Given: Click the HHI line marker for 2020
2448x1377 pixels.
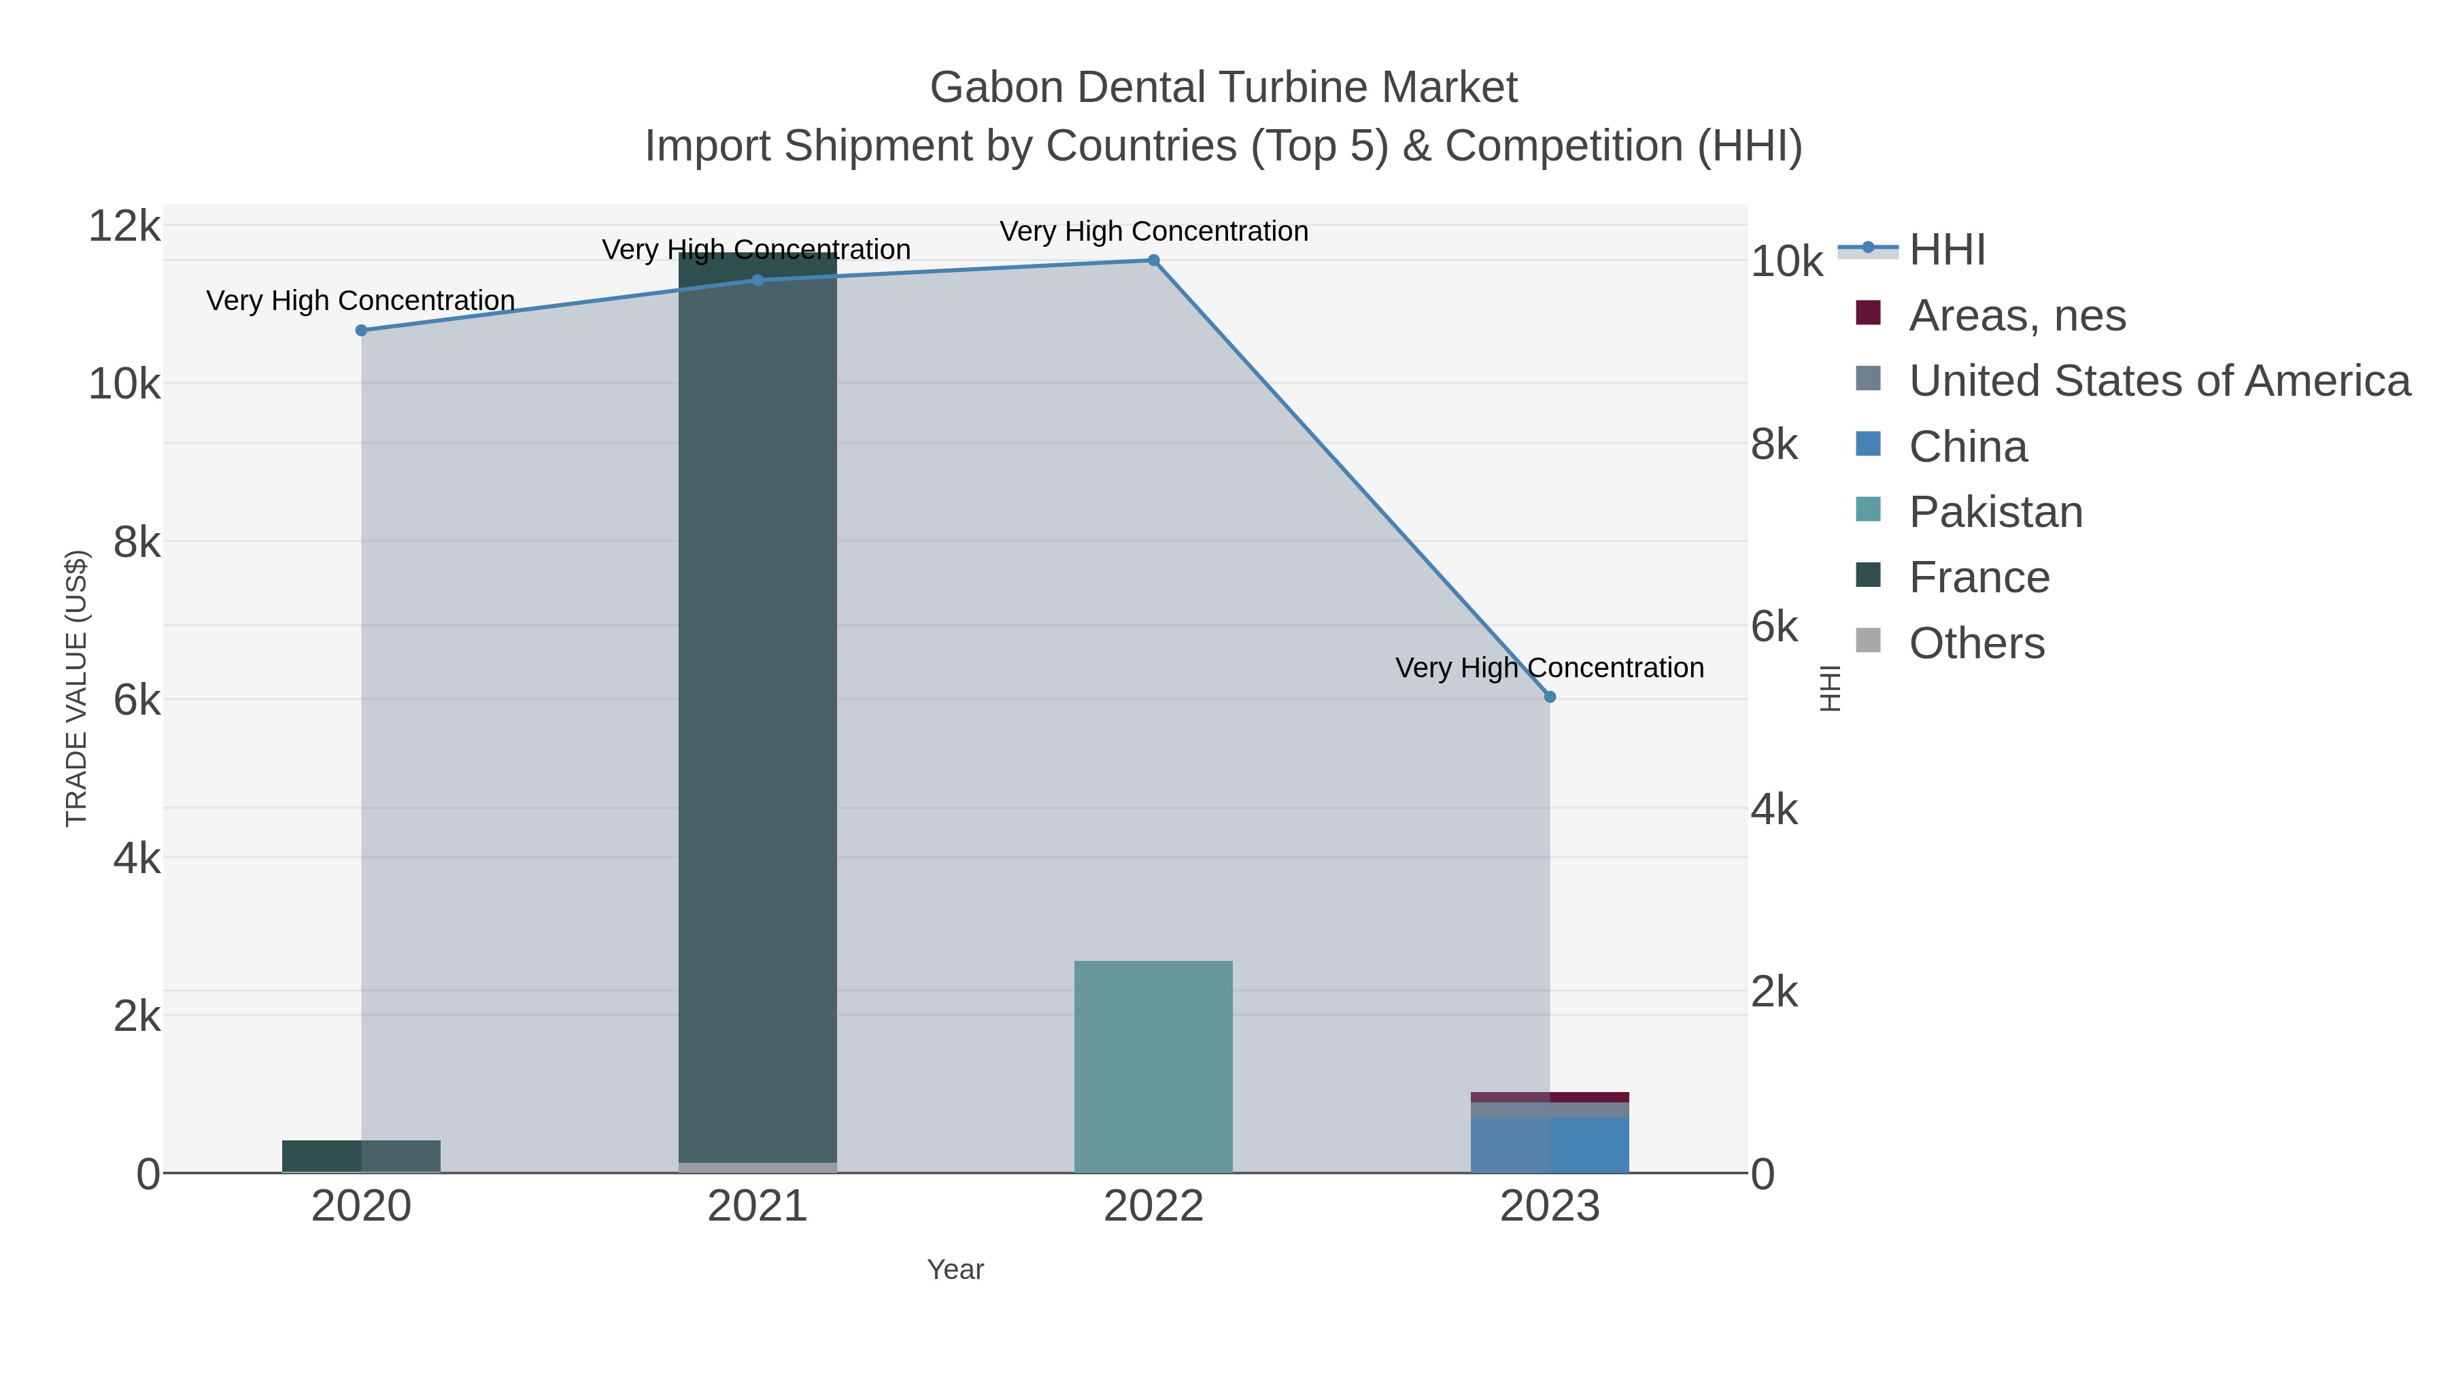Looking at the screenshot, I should (361, 330).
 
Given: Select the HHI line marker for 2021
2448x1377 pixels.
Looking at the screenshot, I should (758, 279).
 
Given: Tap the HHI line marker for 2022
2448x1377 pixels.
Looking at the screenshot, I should (1154, 260).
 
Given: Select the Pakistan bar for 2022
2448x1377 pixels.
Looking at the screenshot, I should (1154, 1066).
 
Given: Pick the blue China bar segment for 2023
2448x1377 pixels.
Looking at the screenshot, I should (1550, 1144).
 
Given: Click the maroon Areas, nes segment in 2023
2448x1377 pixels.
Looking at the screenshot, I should (1550, 1097).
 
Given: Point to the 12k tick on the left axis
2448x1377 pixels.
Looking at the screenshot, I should (124, 226).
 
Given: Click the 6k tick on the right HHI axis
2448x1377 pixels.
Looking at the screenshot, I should (1774, 627).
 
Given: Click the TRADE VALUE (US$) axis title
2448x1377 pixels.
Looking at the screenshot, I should (76, 688).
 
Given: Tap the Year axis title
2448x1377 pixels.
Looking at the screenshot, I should (955, 1269).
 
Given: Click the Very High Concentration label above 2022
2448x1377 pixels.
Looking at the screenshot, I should (1154, 231).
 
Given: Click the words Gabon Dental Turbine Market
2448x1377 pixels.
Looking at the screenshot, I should (1223, 88).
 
